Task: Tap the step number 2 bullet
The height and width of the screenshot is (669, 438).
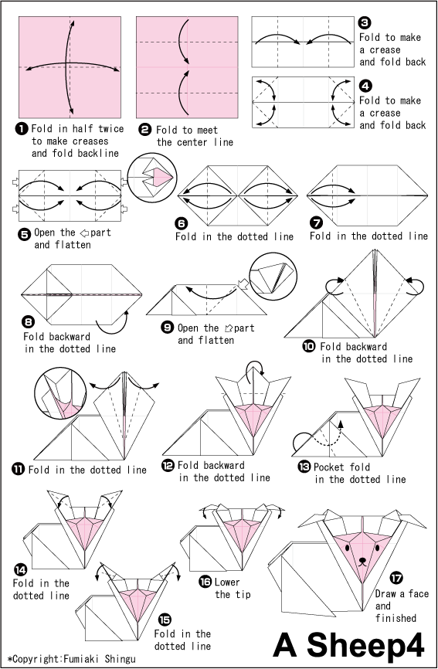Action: click(x=144, y=130)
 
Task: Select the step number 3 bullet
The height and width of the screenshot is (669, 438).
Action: click(x=365, y=23)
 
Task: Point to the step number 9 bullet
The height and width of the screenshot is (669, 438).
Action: click(x=167, y=328)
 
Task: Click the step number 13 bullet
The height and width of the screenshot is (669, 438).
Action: click(x=305, y=467)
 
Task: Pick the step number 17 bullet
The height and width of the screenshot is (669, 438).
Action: click(x=396, y=577)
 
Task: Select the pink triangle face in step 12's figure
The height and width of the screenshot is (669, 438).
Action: click(x=249, y=417)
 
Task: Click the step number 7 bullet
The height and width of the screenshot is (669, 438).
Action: click(x=316, y=222)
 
